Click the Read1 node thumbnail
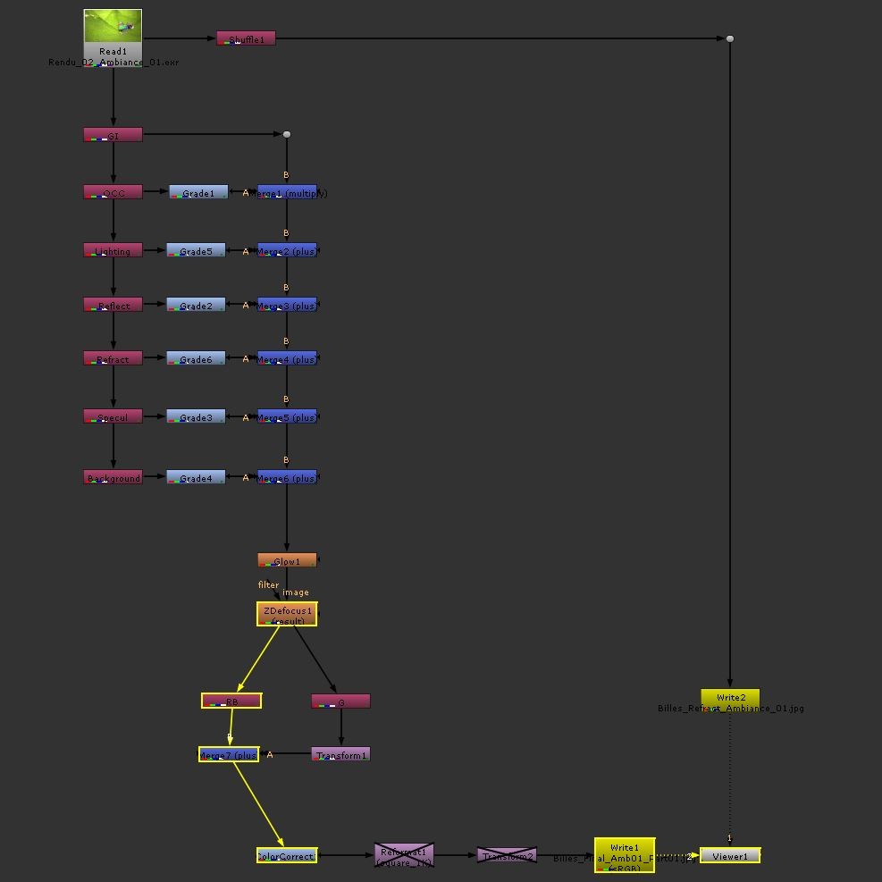pyautogui.click(x=113, y=27)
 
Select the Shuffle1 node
pyautogui.click(x=246, y=38)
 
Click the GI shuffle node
pyautogui.click(x=113, y=135)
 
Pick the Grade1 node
pyautogui.click(x=197, y=192)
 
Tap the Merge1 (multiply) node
pyautogui.click(x=287, y=192)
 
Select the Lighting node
pyautogui.click(x=113, y=250)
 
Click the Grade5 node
pyautogui.click(x=196, y=250)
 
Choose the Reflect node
pyautogui.click(x=113, y=305)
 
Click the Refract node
pyautogui.click(x=113, y=358)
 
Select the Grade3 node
pyautogui.click(x=196, y=416)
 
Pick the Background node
pyautogui.click(x=113, y=477)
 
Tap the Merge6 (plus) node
pyautogui.click(x=287, y=477)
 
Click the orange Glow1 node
pyautogui.click(x=287, y=560)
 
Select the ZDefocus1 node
pyautogui.click(x=287, y=614)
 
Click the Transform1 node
pyautogui.click(x=340, y=754)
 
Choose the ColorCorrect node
pyautogui.click(x=286, y=855)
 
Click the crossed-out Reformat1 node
pyautogui.click(x=404, y=855)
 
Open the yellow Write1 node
pyautogui.click(x=625, y=855)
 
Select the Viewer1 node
pyautogui.click(x=730, y=855)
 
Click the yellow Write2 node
pyautogui.click(x=730, y=699)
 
